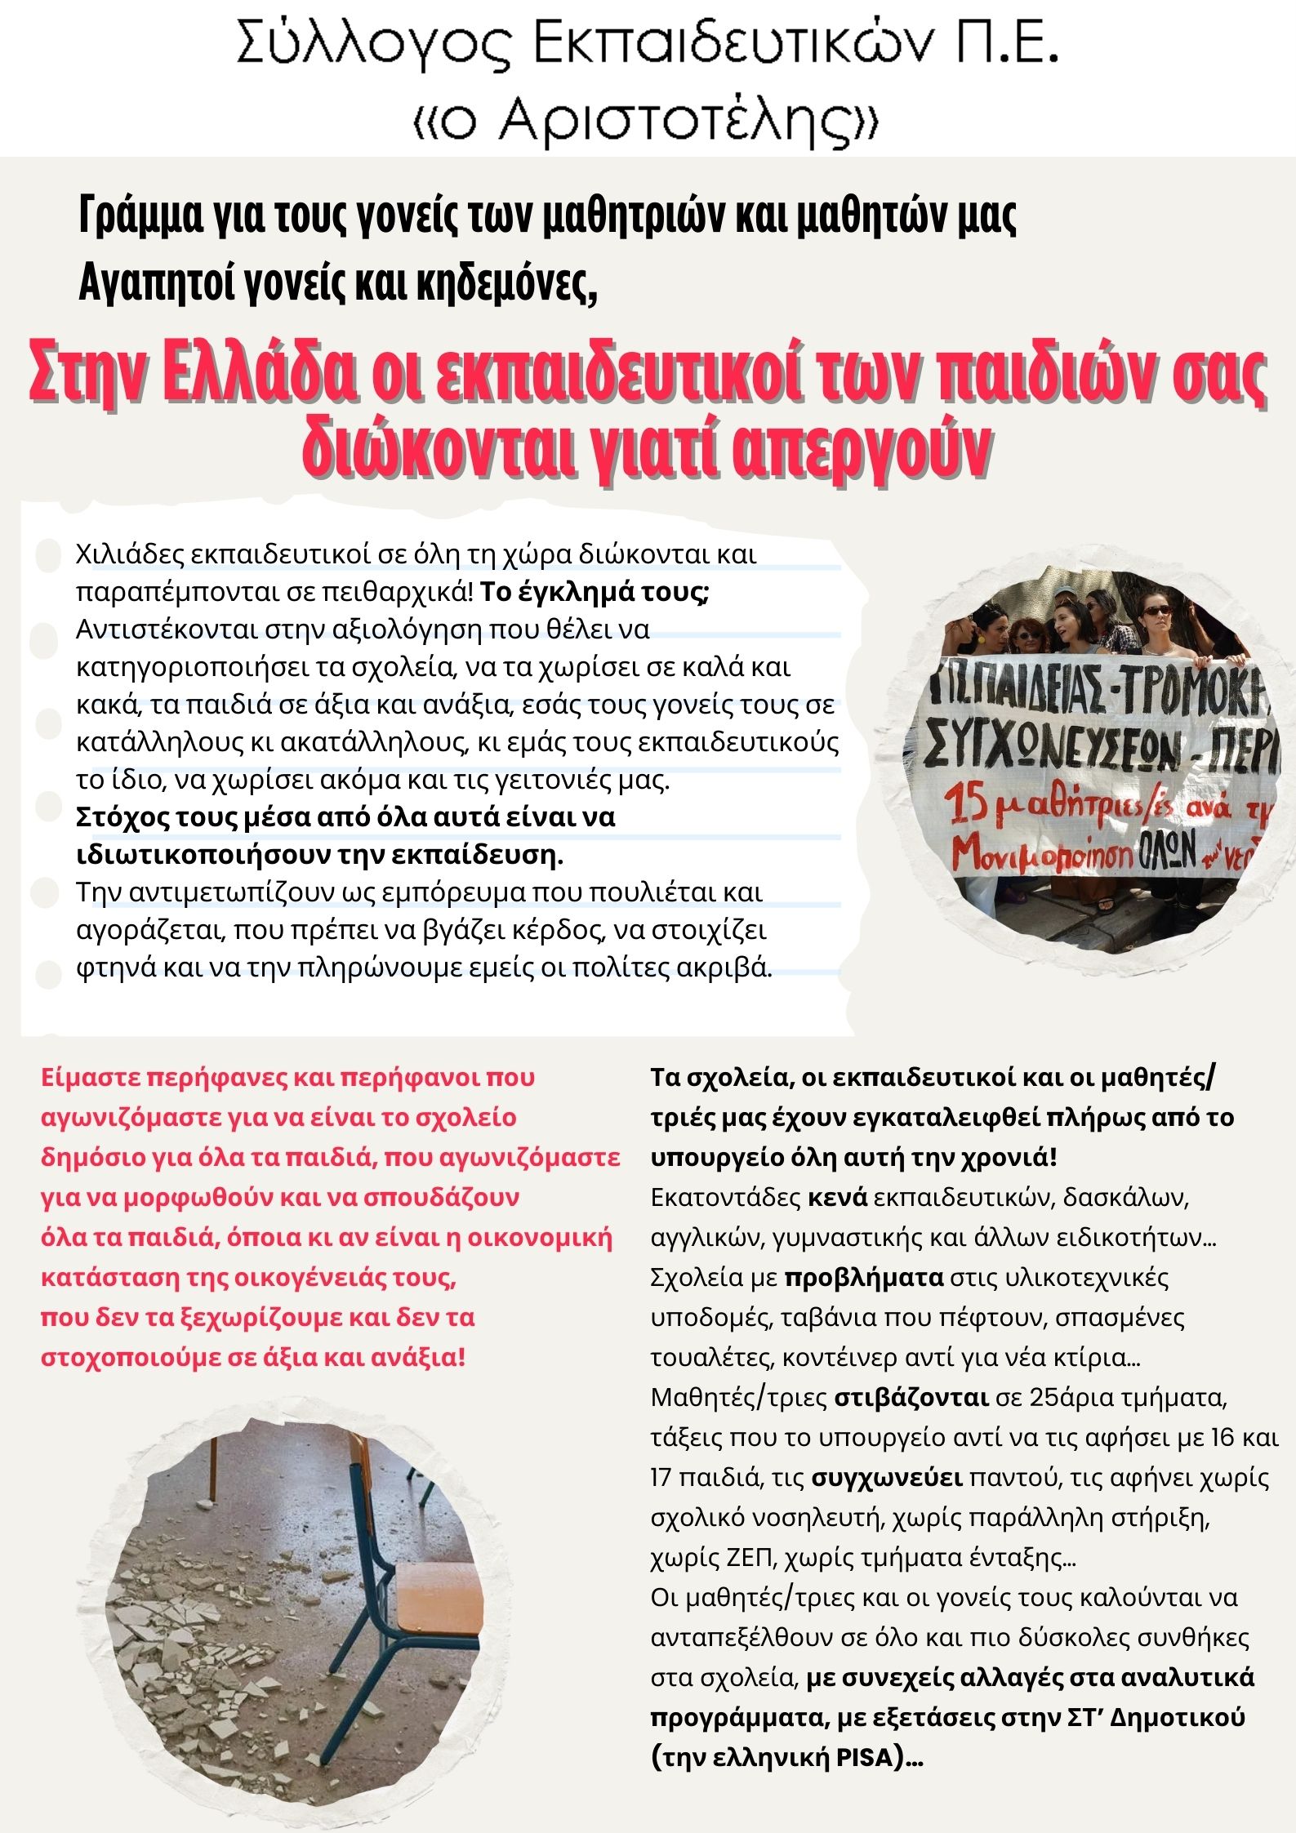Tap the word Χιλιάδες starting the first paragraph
(x=127, y=554)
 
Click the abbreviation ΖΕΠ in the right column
(x=749, y=1558)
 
